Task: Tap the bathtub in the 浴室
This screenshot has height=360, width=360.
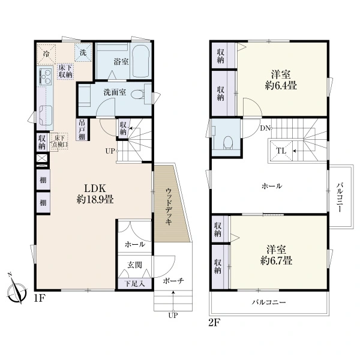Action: pos(141,61)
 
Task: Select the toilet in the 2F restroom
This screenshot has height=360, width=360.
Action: pos(228,143)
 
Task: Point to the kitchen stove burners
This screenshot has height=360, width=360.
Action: pos(45,76)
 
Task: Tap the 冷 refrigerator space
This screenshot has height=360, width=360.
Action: pos(47,54)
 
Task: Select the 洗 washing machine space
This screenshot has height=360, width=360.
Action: pos(83,52)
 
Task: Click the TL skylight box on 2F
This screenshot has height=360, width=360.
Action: pos(281,151)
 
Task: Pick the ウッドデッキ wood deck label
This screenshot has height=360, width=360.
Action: pos(169,206)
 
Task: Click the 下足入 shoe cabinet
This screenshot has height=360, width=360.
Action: pos(135,284)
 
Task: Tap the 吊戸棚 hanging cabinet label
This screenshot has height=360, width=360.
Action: pos(82,130)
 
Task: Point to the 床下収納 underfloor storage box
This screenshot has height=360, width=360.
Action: pos(65,71)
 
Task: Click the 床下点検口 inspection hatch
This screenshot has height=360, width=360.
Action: pos(59,142)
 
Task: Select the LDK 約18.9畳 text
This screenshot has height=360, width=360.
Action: pos(95,194)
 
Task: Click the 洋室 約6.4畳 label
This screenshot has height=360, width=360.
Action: pos(281,80)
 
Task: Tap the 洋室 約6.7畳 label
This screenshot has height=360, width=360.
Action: pos(276,256)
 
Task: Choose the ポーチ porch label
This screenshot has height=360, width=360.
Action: pos(173,281)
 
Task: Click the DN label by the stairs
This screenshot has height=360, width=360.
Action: pos(265,128)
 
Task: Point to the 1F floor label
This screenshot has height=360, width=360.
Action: pos(39,298)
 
